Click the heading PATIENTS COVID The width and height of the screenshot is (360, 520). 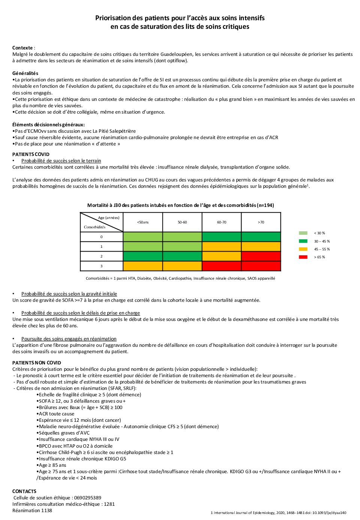[x=31, y=154]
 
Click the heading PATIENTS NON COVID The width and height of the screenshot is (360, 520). [x=37, y=363]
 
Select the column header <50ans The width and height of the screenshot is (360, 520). [x=143, y=222]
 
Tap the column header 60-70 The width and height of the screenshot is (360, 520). [x=222, y=222]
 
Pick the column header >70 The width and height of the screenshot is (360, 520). [x=261, y=222]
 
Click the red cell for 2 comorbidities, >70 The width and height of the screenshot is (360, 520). [x=261, y=256]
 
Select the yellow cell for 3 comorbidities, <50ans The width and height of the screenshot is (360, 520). [x=143, y=266]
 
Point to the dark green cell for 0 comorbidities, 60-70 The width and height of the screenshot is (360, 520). [x=222, y=237]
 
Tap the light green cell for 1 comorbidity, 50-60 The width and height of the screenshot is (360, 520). [x=182, y=247]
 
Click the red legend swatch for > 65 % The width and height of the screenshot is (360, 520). [x=303, y=257]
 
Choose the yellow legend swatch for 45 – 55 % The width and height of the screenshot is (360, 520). [x=303, y=249]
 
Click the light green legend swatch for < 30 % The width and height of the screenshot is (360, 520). [x=303, y=233]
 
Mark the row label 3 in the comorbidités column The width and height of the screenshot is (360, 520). [x=101, y=266]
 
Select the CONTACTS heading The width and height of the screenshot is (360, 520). [x=24, y=491]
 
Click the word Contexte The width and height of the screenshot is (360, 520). [x=22, y=48]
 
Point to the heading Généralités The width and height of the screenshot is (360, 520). [x=25, y=73]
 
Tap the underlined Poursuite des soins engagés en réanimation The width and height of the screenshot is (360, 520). [x=69, y=339]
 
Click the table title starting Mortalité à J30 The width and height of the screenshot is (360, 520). [x=180, y=205]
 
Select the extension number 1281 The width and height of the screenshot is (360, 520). [x=109, y=504]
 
